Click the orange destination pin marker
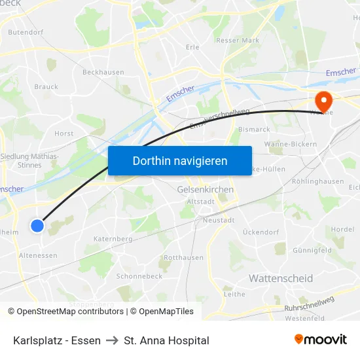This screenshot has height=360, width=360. pyautogui.click(x=323, y=101)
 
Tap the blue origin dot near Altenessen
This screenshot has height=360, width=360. pyautogui.click(x=37, y=226)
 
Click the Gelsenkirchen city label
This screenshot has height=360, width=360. pyautogui.click(x=206, y=189)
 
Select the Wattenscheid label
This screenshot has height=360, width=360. pyautogui.click(x=280, y=279)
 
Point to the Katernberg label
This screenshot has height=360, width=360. pyautogui.click(x=113, y=239)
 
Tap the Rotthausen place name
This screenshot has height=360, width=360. pyautogui.click(x=183, y=257)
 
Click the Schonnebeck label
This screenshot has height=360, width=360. pyautogui.click(x=139, y=276)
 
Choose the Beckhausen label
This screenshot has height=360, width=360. pyautogui.click(x=103, y=72)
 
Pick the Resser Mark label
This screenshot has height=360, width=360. pyautogui.click(x=238, y=41)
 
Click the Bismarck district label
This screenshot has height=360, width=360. pyautogui.click(x=254, y=130)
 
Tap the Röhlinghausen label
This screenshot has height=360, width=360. pyautogui.click(x=317, y=181)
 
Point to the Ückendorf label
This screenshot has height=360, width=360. pyautogui.click(x=261, y=232)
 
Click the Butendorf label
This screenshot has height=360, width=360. pyautogui.click(x=26, y=31)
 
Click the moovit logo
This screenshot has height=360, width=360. pyautogui.click(x=320, y=340)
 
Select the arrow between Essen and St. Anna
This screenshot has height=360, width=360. pyautogui.click(x=112, y=340)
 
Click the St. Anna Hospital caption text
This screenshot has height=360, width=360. pyautogui.click(x=166, y=340)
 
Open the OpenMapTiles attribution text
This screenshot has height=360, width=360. pyautogui.click(x=166, y=312)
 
